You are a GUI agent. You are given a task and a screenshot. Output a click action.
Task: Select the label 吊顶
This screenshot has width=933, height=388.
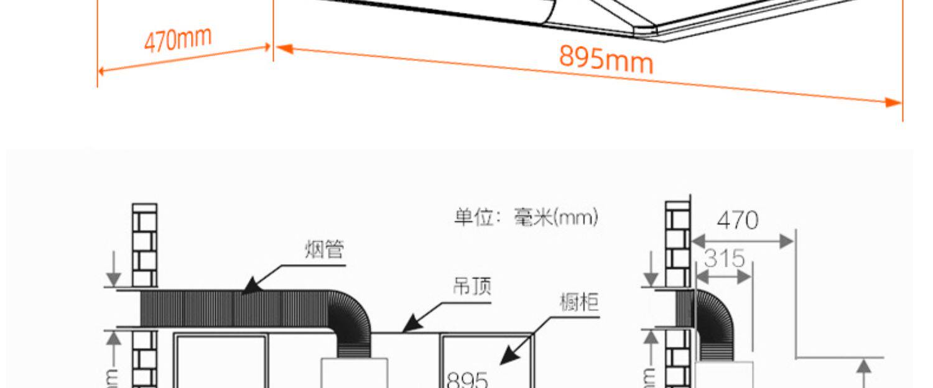471,287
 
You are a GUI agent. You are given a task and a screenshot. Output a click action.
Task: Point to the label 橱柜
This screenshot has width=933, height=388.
579,303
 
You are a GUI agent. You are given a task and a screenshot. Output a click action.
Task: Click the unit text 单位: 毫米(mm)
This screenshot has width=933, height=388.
526,218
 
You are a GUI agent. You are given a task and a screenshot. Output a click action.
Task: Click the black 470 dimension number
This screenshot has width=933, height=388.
737,220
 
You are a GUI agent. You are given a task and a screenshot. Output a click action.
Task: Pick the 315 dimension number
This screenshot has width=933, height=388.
724,257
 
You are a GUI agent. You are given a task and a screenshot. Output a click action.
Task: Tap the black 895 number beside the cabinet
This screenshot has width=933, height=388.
468,379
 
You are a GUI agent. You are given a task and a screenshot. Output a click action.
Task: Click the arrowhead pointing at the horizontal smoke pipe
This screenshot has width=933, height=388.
249,287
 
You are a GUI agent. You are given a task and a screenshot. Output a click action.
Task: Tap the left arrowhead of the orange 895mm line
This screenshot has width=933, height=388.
284,48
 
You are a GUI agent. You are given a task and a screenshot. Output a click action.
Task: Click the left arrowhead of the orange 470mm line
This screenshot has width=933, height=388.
102,71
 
